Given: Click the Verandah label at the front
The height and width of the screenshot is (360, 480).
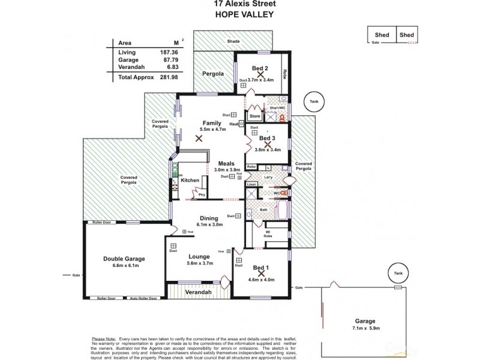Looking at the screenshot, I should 197,292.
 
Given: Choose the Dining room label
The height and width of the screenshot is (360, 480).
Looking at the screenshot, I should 209,218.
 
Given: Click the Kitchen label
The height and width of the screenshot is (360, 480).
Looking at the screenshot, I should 190,180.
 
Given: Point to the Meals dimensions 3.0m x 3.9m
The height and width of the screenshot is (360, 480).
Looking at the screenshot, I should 227,170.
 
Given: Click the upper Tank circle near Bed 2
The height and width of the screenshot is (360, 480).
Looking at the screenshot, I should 313,102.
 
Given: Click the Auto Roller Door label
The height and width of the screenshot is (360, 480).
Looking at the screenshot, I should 144,298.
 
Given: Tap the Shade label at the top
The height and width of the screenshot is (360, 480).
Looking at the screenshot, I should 233,41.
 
